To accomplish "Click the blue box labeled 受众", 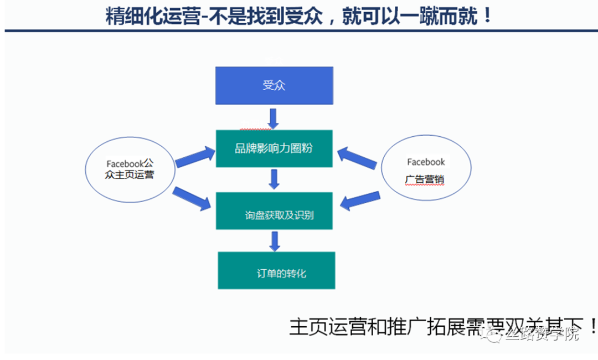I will pyautogui.click(x=274, y=86).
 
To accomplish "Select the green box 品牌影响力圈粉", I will pyautogui.click(x=274, y=148).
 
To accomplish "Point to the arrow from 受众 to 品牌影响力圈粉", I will pyautogui.click(x=272, y=118).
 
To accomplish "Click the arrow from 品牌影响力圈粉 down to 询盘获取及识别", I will pyautogui.click(x=273, y=179).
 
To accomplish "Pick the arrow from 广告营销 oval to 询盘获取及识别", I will pyautogui.click(x=360, y=200).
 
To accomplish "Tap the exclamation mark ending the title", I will pyautogui.click(x=487, y=16).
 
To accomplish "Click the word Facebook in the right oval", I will pyautogui.click(x=426, y=162).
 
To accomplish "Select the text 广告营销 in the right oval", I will pyautogui.click(x=425, y=180).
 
